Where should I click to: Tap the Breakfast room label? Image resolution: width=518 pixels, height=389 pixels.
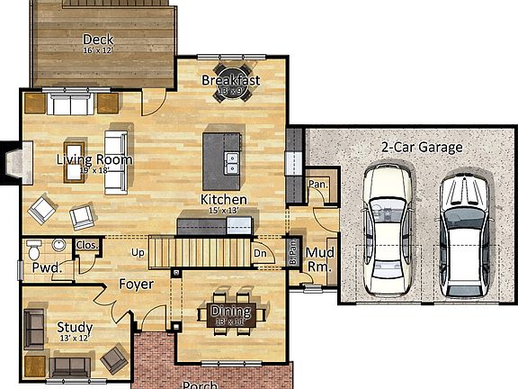(230, 81)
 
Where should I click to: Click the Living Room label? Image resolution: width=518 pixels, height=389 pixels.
(94, 160)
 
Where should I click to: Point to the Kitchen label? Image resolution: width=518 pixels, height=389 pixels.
(223, 199)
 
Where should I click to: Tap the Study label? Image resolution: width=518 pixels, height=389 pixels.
(74, 327)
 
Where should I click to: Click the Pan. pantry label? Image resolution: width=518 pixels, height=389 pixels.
(317, 184)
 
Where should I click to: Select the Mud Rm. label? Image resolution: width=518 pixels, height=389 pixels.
(320, 260)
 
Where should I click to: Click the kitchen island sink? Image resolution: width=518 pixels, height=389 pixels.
(232, 163)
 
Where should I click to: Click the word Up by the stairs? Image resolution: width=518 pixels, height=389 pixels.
(138, 252)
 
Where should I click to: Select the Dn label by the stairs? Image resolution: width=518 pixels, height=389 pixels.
(259, 254)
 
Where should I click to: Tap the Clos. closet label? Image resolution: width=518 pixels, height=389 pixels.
(87, 245)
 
